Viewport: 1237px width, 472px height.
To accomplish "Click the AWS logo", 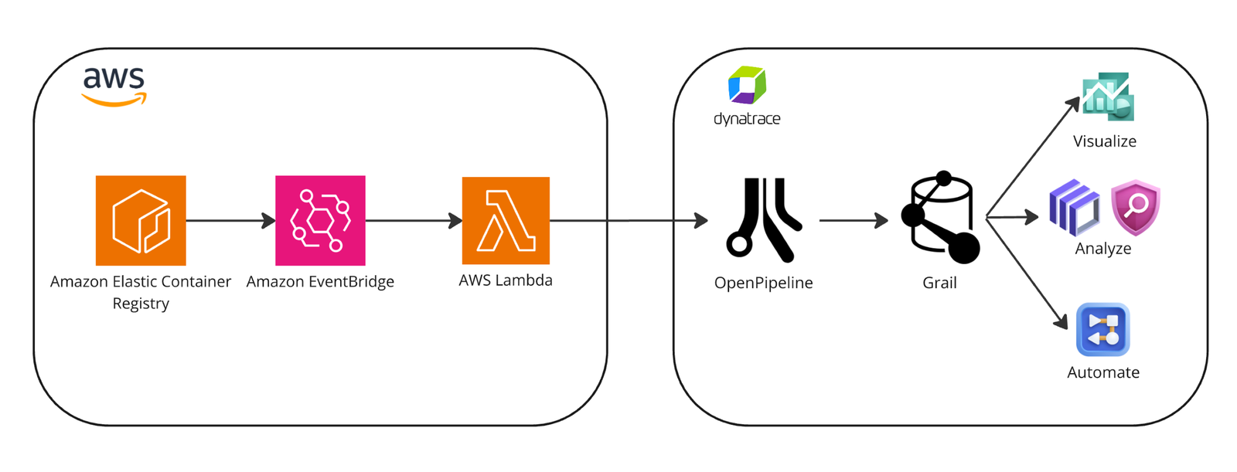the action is pyautogui.click(x=114, y=87).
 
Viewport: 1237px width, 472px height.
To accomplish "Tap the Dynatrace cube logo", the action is pyautogui.click(x=747, y=85).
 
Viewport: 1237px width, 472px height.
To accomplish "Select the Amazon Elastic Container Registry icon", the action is pyautogui.click(x=141, y=221).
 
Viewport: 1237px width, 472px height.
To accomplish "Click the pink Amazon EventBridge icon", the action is pyautogui.click(x=320, y=221).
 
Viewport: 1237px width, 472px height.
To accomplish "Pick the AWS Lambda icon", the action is pyautogui.click(x=506, y=221).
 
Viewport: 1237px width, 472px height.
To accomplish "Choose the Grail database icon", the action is pyautogui.click(x=940, y=217).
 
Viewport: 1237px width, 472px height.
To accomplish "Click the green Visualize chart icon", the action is pyautogui.click(x=1108, y=97).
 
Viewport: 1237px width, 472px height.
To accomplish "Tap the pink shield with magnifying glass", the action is pyautogui.click(x=1136, y=207).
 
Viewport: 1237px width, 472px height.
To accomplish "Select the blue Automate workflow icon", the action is pyautogui.click(x=1102, y=330).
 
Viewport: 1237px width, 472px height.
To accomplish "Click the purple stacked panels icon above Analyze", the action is pyautogui.click(x=1074, y=208).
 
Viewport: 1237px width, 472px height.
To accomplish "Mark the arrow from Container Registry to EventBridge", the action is pyautogui.click(x=231, y=221).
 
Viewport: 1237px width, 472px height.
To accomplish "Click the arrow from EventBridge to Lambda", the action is pyautogui.click(x=414, y=221).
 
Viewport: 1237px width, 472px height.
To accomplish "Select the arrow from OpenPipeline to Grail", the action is pyautogui.click(x=854, y=220).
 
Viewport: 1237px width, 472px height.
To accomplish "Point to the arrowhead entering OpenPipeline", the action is pyautogui.click(x=701, y=221).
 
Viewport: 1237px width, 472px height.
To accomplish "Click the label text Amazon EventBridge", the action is pyautogui.click(x=320, y=281).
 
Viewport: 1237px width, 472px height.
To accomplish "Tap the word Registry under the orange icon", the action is pyautogui.click(x=141, y=304).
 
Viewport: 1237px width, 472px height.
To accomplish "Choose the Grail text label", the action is pyautogui.click(x=939, y=283).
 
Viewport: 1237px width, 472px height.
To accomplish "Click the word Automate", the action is pyautogui.click(x=1103, y=372).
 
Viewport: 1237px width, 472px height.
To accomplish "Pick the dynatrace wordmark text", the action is pyautogui.click(x=747, y=119).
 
